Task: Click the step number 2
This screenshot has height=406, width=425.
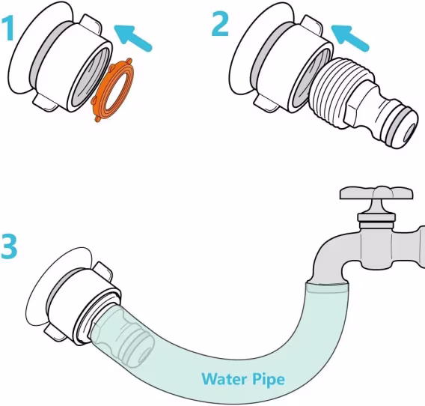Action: pyautogui.click(x=220, y=24)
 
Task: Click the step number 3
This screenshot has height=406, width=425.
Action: pyautogui.click(x=9, y=246)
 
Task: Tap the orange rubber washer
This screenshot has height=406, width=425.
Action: pyautogui.click(x=114, y=90)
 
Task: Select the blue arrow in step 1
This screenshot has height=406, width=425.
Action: pyautogui.click(x=133, y=37)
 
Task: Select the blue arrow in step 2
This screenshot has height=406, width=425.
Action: pyautogui.click(x=349, y=37)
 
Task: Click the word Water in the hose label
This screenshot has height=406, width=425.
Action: pyautogui.click(x=224, y=378)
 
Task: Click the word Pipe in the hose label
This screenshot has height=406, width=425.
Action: pyautogui.click(x=269, y=379)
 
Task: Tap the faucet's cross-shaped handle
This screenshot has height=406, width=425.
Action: pyautogui.click(x=376, y=193)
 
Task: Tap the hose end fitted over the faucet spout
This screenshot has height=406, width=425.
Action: pyautogui.click(x=326, y=288)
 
